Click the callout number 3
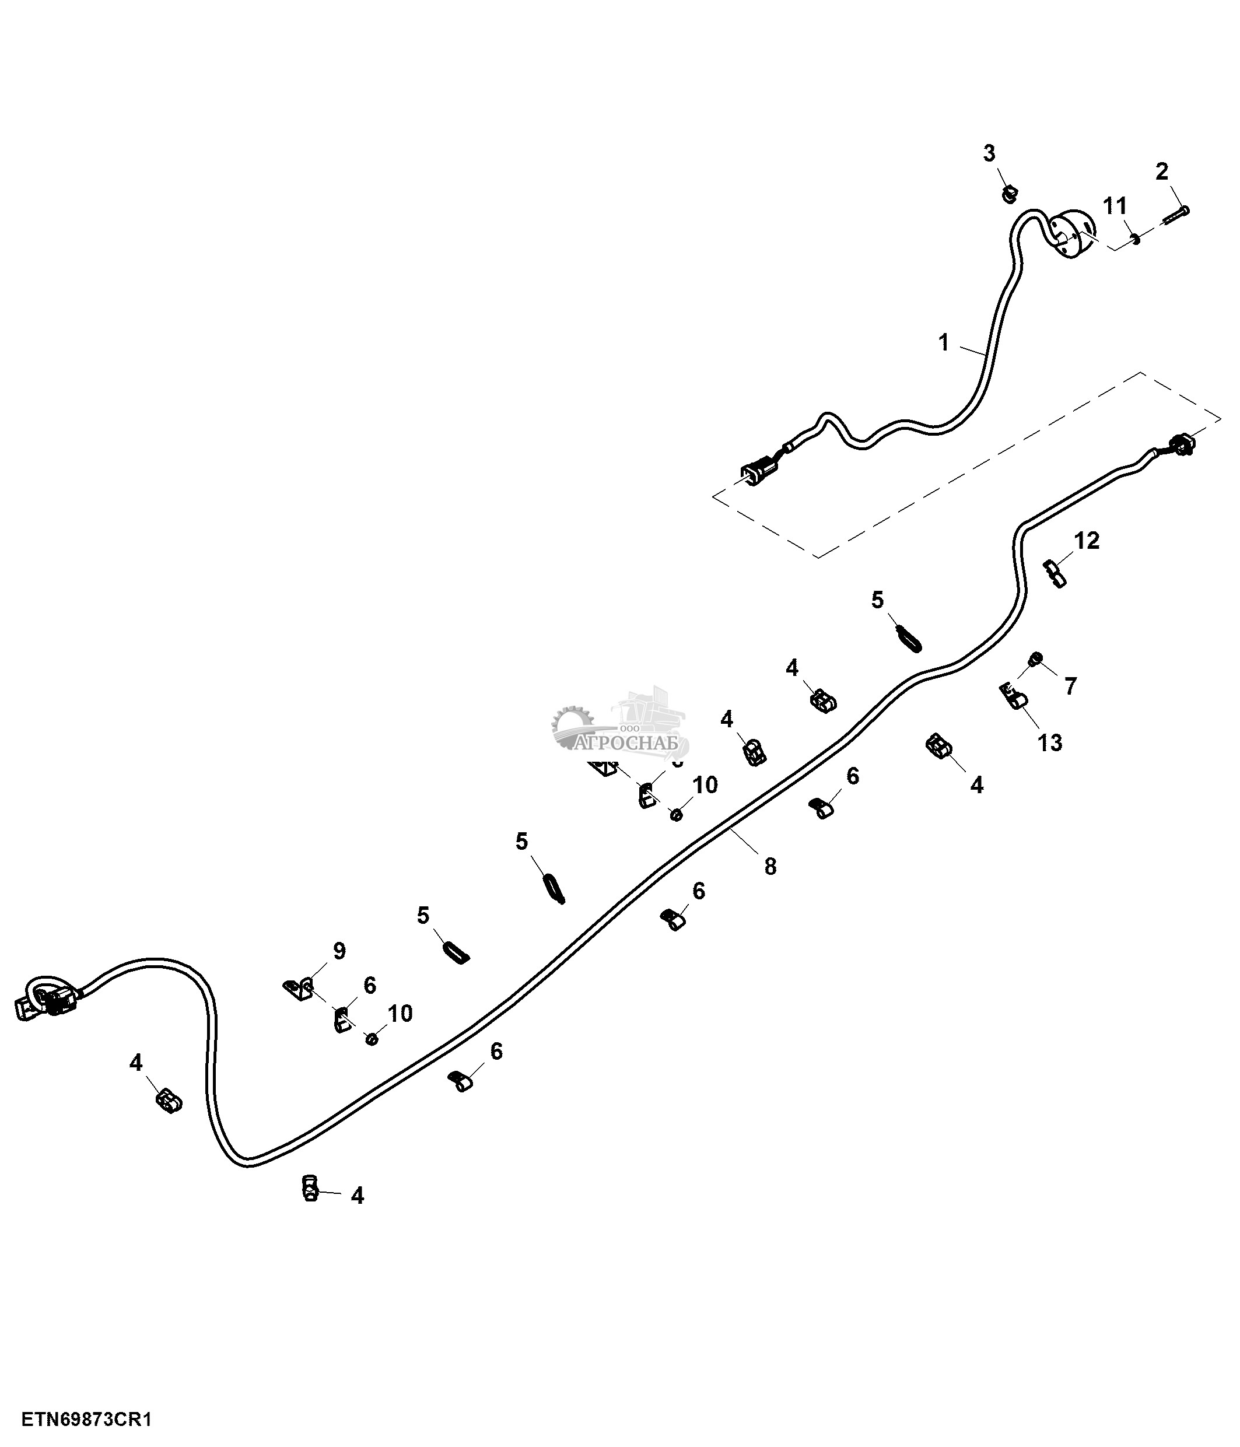(989, 153)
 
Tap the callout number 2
(1162, 171)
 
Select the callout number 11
(1115, 206)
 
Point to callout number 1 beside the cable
(944, 343)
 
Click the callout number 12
(1087, 540)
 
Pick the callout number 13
(1050, 743)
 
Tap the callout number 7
(1070, 686)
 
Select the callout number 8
(770, 867)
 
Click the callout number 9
(339, 951)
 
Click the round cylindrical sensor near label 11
(1072, 234)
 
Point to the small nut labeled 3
(1010, 195)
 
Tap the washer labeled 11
(1135, 240)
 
